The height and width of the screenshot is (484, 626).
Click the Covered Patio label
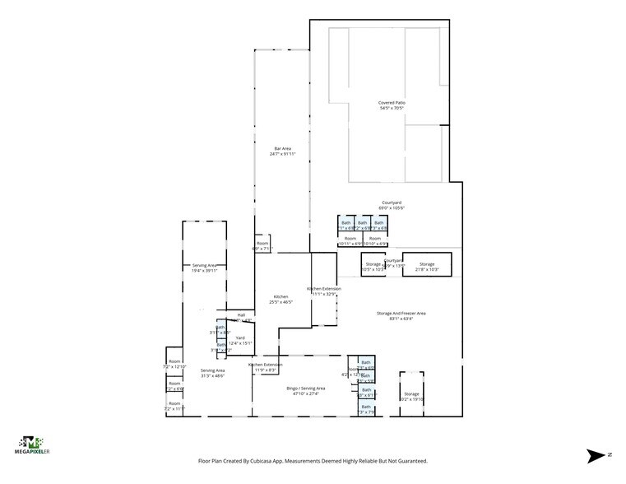392,105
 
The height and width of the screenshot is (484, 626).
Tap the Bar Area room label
282,151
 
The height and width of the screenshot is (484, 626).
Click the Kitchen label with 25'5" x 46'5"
281,299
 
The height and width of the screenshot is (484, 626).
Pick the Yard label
240,340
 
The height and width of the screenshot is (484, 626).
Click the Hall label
242,314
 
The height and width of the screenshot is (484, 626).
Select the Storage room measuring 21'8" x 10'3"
427,267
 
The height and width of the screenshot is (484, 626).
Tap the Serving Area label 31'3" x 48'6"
212,373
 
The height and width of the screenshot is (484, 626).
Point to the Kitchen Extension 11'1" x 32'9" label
323,291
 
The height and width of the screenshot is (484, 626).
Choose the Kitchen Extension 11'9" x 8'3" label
266,367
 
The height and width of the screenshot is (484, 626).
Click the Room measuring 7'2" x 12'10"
174,364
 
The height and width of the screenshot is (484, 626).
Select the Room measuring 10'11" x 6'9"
350,240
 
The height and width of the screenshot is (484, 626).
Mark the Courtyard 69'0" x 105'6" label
392,205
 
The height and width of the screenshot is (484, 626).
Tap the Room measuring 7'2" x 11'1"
174,406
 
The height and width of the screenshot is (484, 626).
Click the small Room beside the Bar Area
262,245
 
